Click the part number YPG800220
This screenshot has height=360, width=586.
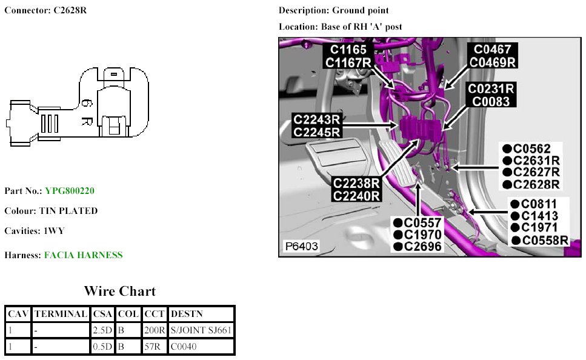[x=70, y=191]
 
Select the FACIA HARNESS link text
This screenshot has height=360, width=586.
[x=83, y=255]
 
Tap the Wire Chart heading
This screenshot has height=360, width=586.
[x=119, y=292]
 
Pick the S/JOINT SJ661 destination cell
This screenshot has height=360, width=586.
[x=201, y=330]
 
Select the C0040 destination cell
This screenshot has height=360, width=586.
[x=184, y=347]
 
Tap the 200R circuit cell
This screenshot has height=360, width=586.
[x=154, y=330]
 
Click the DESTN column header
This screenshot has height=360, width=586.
[x=187, y=314]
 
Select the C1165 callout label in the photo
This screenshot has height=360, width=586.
[x=348, y=50]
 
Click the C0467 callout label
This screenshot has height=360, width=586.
[x=492, y=50]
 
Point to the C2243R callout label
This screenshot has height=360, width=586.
[x=316, y=119]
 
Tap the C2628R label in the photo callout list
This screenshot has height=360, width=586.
[x=536, y=184]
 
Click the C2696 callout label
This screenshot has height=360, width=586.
[x=423, y=246]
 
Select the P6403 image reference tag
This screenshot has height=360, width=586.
[x=301, y=247]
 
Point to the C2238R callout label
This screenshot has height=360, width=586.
[x=356, y=183]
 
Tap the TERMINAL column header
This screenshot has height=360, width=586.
[x=61, y=314]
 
